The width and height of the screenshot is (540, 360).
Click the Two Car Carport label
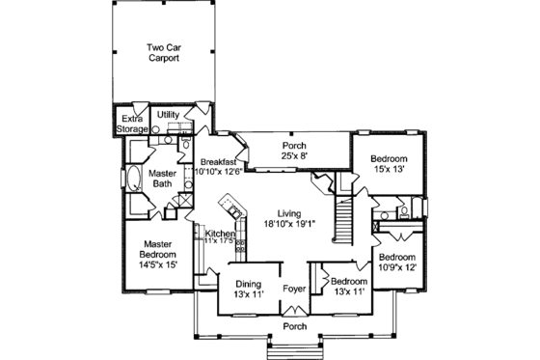coord(165,52)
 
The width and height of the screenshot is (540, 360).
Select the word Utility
coord(168,114)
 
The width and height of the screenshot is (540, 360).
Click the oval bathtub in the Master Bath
coord(131,180)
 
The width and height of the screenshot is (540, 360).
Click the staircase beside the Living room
coord(344,217)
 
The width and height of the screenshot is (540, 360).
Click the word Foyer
coord(295,288)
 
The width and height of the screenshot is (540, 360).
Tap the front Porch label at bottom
coord(295,326)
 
